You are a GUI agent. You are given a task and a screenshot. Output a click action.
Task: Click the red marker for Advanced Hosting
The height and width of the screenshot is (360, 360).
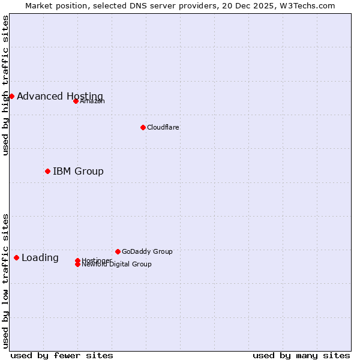click(11, 96)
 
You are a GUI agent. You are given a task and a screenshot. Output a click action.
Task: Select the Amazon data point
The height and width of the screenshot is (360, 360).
click(76, 101)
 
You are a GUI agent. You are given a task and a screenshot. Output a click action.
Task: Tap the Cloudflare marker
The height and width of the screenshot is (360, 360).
click(143, 127)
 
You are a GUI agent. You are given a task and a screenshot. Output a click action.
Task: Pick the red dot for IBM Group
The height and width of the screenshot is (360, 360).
click(47, 171)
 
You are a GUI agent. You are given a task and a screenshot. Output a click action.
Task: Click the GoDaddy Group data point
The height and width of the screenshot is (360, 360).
click(118, 251)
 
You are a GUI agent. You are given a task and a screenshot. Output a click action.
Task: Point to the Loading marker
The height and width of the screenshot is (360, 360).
click(16, 257)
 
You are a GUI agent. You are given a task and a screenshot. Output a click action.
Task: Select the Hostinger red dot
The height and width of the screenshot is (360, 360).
click(78, 260)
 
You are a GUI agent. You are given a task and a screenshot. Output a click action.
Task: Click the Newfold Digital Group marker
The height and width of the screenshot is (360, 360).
click(78, 265)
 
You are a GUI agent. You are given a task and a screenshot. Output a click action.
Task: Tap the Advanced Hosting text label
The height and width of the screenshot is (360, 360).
click(60, 97)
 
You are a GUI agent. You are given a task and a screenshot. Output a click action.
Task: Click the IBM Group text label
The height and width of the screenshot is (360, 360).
click(78, 172)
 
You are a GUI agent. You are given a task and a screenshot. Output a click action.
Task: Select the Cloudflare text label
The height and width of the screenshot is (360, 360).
click(163, 128)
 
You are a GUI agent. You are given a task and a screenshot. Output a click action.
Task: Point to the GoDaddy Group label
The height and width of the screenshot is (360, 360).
click(147, 252)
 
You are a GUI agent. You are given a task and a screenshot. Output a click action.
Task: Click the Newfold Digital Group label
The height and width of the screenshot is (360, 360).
click(117, 265)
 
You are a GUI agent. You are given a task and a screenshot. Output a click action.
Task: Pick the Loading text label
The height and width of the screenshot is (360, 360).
click(40, 258)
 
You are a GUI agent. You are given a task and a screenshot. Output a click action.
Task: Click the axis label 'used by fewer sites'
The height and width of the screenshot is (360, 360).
click(62, 355)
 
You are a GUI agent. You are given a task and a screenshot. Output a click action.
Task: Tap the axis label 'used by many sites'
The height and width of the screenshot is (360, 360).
click(301, 355)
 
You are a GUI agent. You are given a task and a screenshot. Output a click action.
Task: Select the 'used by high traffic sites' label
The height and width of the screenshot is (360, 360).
click(6, 85)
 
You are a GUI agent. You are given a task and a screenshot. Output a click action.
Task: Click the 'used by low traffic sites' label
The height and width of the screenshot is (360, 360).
click(6, 281)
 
